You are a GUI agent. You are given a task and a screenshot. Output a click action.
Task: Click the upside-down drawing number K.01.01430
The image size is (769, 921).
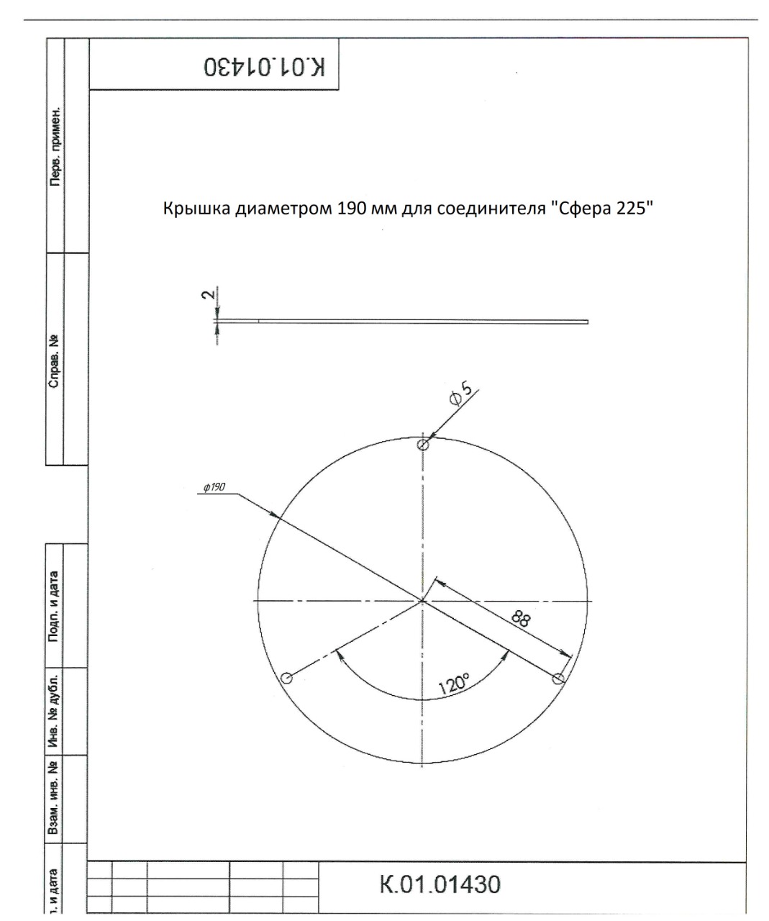(264, 67)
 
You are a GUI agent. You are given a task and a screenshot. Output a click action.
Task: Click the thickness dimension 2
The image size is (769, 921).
(207, 295)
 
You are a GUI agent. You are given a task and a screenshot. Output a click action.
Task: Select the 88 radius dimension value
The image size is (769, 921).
(522, 618)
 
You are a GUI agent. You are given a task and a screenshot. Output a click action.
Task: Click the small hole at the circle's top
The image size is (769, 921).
(423, 445)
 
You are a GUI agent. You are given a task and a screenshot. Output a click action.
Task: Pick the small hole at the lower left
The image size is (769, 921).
(286, 679)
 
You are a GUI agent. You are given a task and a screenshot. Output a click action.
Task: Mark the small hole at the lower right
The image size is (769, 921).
(557, 679)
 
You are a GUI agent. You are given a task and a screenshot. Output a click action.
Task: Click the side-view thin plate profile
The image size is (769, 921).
(403, 321)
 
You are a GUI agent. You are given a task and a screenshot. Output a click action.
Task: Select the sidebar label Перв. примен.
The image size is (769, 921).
(55, 148)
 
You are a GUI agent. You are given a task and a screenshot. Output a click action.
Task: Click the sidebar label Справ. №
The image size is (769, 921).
(55, 360)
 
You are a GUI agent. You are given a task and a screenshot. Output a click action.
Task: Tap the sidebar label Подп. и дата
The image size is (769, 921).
(55, 607)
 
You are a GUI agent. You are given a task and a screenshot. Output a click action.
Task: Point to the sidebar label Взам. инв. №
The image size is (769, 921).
(55, 798)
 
